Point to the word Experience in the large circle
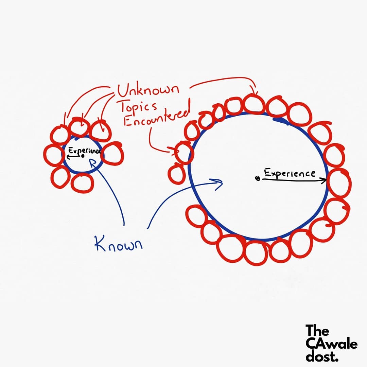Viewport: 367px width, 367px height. click(290, 173)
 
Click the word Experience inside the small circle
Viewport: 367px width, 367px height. click(84, 151)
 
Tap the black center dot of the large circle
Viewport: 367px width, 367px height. click(258, 178)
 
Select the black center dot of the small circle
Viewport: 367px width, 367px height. click(83, 156)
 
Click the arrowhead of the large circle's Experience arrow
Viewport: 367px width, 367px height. click(324, 180)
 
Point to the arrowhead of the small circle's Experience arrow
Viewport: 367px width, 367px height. click(68, 157)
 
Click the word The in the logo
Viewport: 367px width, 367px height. click(317, 331)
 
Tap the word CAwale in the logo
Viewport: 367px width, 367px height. click(331, 344)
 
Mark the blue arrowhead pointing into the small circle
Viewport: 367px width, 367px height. click(91, 162)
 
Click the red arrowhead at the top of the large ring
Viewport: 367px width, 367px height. click(255, 93)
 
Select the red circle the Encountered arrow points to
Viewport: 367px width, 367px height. click(183, 153)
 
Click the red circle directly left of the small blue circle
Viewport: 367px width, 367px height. click(54, 155)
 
